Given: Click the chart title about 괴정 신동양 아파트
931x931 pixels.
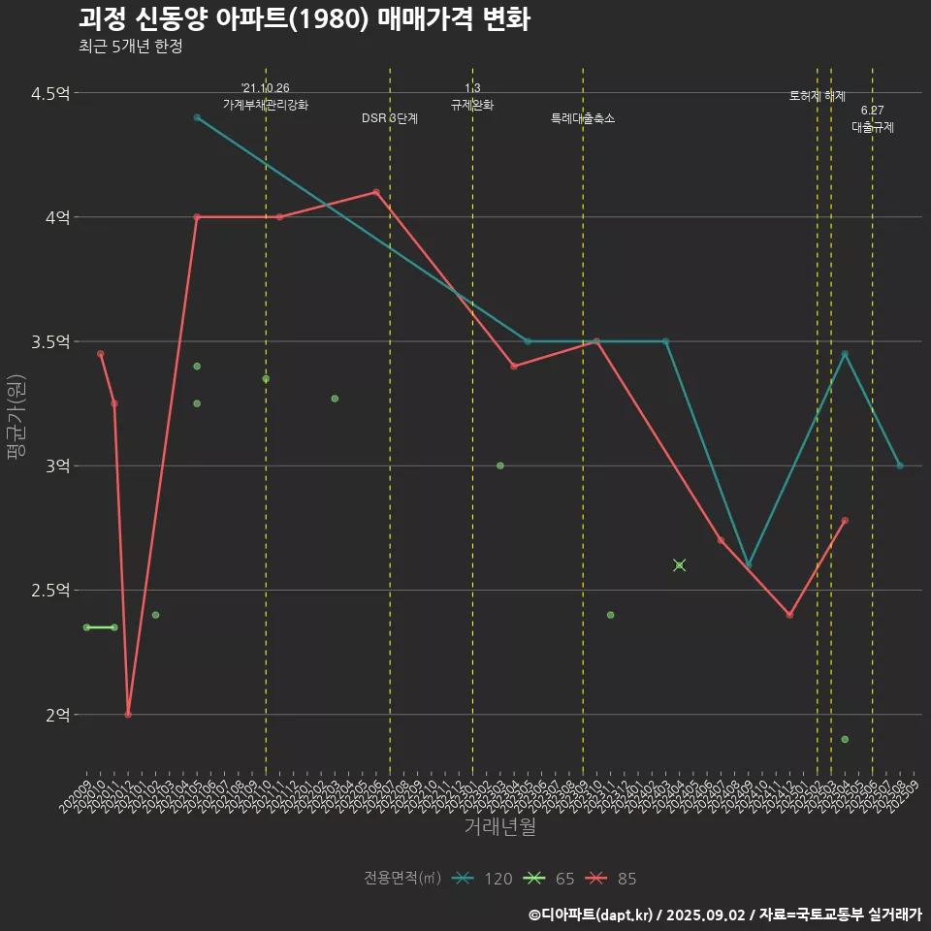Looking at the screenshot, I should pos(304,19).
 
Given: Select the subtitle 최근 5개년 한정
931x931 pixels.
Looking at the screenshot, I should pos(130,47).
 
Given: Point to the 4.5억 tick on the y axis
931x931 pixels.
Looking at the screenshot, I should pos(49,93).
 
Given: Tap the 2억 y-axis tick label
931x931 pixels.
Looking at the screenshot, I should pos(57,715).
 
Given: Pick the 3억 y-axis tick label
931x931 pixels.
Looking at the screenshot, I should pos(57,465).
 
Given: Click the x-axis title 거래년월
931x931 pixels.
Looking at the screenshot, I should pos(499,827).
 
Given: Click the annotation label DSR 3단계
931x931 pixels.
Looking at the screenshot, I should pos(390,118).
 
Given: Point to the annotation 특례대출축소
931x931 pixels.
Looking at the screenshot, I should pos(583,118).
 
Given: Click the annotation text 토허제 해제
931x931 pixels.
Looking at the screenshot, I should pos(818,96).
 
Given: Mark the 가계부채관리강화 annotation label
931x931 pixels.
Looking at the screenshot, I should pos(266,104).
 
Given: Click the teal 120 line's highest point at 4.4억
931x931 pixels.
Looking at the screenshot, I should pos(197,117).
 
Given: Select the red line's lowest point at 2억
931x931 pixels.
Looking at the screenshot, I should pos(128,715).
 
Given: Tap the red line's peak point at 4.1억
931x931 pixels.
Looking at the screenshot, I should pos(376,192).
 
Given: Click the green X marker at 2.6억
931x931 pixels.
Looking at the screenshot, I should pos(680,565).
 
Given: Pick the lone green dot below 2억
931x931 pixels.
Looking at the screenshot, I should pos(845,740).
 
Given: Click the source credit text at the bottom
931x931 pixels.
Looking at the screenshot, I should pos(724,914).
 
